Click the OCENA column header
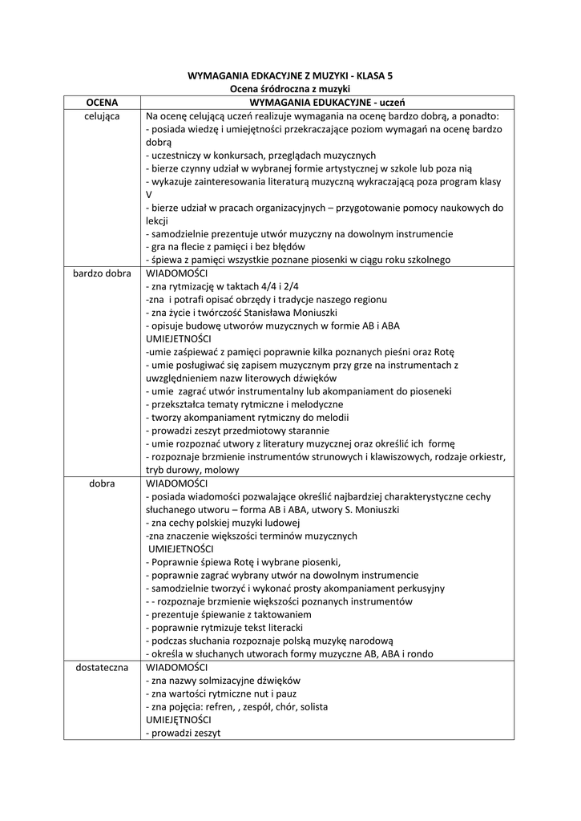pos(102,103)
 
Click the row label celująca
pos(102,115)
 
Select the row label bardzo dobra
pos(102,273)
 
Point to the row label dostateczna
pos(102,667)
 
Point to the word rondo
pos(420,654)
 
